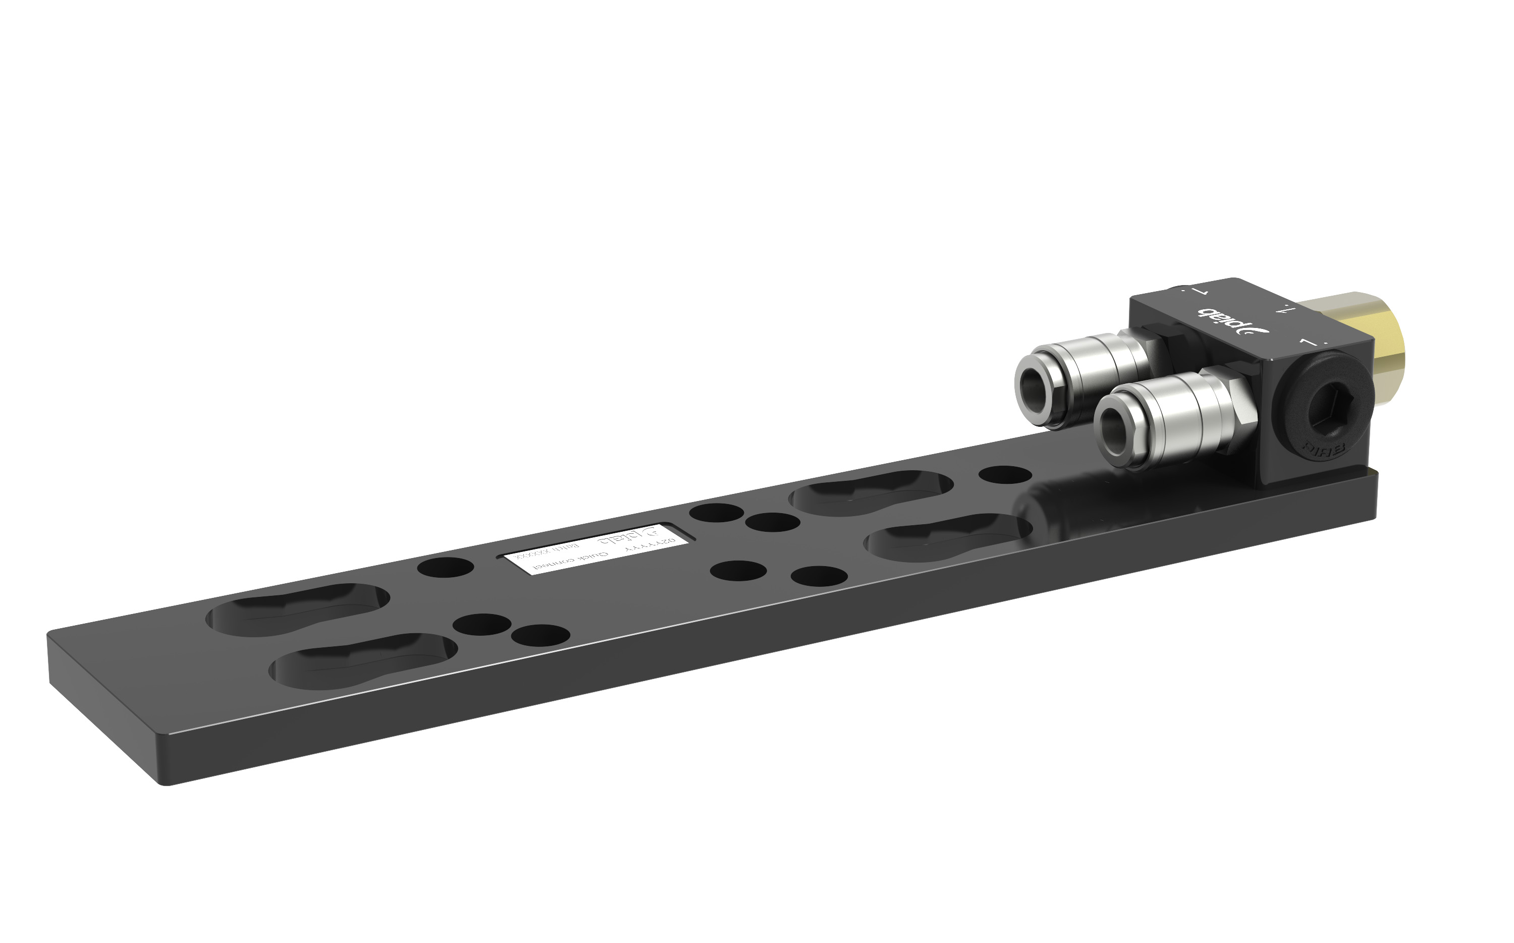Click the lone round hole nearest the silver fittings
pos(1005,475)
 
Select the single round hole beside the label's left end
pos(445,568)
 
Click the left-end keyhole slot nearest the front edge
pos(362,660)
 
